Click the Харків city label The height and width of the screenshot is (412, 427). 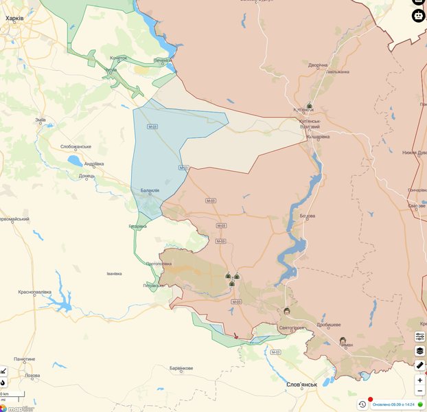[16, 20]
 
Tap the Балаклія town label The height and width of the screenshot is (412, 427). [150, 190]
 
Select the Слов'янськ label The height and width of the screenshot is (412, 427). [301, 384]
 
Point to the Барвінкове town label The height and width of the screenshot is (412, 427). [181, 369]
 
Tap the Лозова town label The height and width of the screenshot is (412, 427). [32, 376]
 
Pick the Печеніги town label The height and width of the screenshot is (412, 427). [163, 60]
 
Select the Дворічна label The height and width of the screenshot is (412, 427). [318, 65]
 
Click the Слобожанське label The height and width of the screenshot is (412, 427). [76, 146]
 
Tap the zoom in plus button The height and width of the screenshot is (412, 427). [419, 380]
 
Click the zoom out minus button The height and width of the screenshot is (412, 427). [419, 391]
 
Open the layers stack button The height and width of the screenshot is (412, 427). [419, 351]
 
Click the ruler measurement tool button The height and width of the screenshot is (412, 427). [419, 365]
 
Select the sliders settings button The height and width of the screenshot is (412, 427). [419, 336]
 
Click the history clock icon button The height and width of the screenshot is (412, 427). [362, 404]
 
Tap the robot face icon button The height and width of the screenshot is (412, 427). [419, 16]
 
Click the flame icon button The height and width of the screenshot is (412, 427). [3, 383]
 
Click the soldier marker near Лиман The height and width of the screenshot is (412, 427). [342, 340]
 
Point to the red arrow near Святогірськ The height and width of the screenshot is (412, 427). [236, 336]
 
